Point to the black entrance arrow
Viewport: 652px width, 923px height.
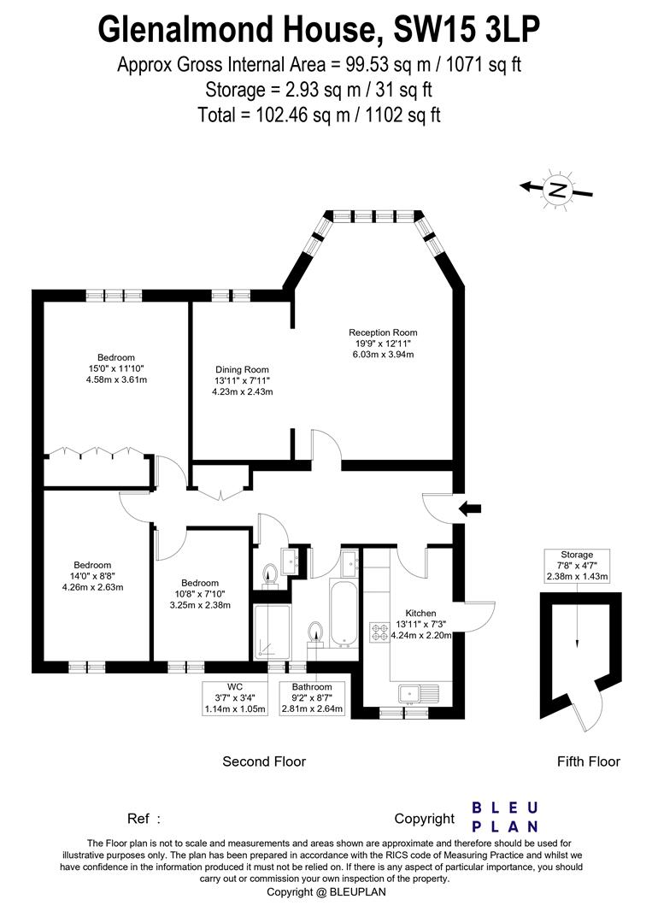pyautogui.click(x=470, y=509)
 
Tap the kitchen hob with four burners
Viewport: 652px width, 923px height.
pyautogui.click(x=379, y=633)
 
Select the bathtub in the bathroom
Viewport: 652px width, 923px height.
pyautogui.click(x=343, y=614)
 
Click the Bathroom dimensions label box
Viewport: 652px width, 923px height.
pyautogui.click(x=312, y=698)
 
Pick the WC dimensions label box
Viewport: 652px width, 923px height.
pyautogui.click(x=235, y=698)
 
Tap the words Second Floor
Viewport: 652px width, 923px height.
pyautogui.click(x=264, y=761)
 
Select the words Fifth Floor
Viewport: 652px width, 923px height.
pyautogui.click(x=588, y=761)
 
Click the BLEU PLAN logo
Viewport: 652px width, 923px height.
pyautogui.click(x=505, y=817)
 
